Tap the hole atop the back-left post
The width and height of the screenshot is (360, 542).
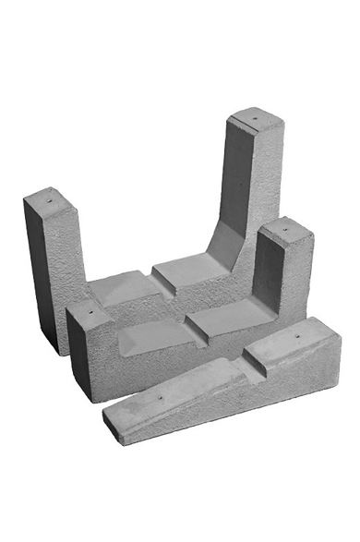tap(46, 197)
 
